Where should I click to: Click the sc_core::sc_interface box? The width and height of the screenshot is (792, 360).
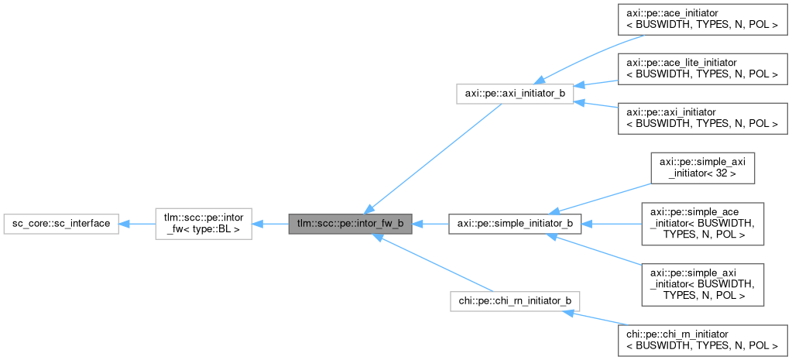[60, 224]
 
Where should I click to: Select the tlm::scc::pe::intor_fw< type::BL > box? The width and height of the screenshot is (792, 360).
[203, 224]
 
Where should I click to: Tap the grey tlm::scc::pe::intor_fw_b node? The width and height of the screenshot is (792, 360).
[350, 224]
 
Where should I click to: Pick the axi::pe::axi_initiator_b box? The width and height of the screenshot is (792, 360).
[515, 93]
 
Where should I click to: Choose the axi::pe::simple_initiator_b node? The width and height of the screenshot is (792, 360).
[515, 224]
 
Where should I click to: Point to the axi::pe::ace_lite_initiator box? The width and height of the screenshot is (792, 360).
[702, 68]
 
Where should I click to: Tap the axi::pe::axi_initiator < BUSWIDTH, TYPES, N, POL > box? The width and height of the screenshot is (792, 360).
[702, 118]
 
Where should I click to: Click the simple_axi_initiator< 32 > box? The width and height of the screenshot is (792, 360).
[702, 168]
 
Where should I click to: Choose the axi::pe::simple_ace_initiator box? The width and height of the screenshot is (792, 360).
[702, 224]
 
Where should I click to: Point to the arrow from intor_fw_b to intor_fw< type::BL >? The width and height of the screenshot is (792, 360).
[269, 224]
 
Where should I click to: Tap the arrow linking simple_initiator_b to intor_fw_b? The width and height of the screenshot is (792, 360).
[430, 224]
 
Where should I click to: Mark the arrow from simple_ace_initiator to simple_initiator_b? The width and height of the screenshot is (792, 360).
[612, 224]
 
